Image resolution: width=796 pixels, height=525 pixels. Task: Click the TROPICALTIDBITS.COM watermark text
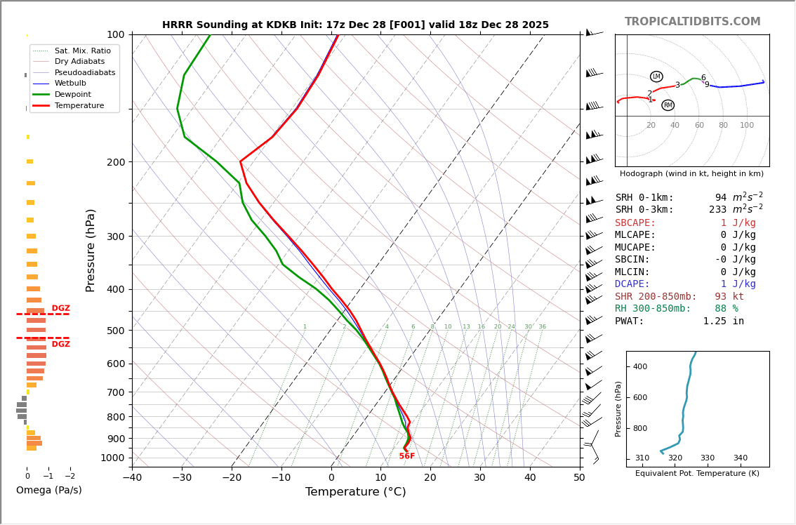pos(692,22)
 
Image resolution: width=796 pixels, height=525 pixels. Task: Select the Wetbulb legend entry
pos(70,84)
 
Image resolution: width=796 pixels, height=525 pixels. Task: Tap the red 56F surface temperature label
pos(407,456)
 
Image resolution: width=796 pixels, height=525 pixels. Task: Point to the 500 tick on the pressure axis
pos(115,331)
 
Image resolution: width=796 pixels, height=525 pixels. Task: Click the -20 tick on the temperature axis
pos(232,479)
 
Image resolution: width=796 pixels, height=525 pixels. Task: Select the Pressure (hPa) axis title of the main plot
pos(91,250)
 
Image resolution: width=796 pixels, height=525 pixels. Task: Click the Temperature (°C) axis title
pos(355,492)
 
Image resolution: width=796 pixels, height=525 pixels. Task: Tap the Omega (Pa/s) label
pos(48,490)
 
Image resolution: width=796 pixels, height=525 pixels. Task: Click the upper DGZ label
pos(60,308)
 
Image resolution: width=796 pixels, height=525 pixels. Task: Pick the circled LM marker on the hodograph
pos(656,77)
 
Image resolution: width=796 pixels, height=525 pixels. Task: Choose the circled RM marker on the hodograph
pos(668,105)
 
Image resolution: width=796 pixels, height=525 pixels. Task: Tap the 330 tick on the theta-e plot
pos(707,458)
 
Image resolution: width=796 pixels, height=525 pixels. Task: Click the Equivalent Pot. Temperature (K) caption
pos(697,474)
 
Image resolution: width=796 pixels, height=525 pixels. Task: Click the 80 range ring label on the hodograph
pos(722,126)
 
